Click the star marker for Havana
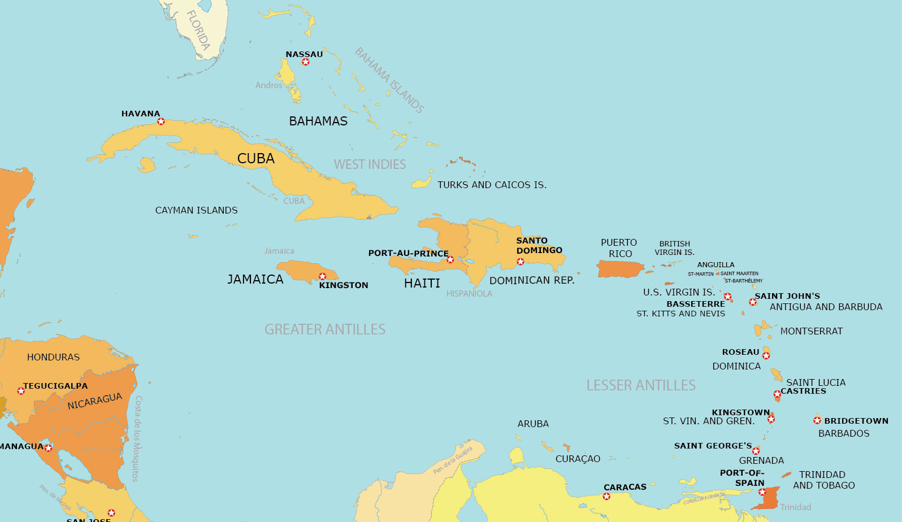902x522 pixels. tap(161, 121)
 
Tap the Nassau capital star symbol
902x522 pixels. tap(306, 62)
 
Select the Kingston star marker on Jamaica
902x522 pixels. tap(322, 276)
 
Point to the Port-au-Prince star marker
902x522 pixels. tap(450, 260)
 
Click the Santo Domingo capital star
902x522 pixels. tap(521, 262)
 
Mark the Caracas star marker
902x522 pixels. tap(606, 497)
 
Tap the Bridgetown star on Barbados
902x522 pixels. tap(817, 420)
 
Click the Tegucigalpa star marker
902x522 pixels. tap(21, 390)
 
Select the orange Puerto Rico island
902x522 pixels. tap(620, 269)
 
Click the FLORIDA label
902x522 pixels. tap(198, 31)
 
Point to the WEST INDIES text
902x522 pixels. tap(370, 164)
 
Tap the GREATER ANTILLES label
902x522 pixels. tap(325, 329)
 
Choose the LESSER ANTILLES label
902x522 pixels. tap(641, 385)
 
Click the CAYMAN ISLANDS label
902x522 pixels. tap(196, 210)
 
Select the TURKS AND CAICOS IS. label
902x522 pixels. tap(492, 185)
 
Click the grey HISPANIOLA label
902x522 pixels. tap(469, 294)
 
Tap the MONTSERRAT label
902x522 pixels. tap(811, 331)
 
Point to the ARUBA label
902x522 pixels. tap(533, 424)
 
